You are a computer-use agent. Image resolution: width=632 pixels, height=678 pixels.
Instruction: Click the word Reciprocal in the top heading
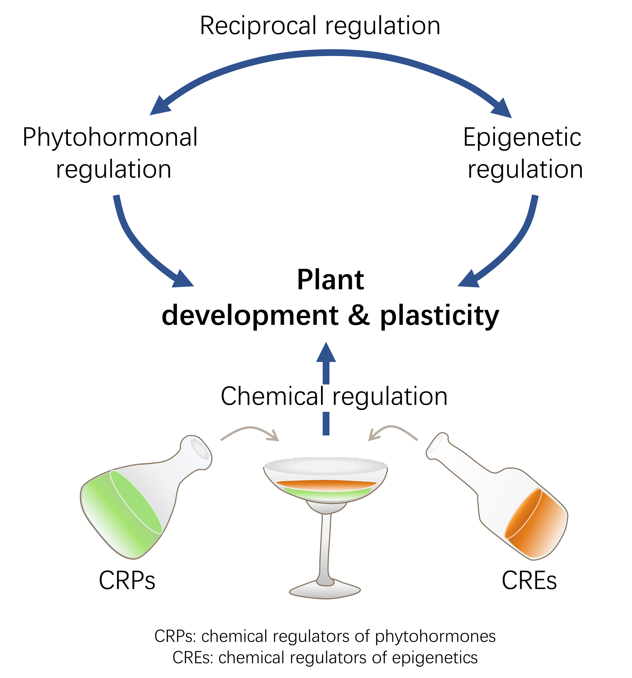tap(258, 26)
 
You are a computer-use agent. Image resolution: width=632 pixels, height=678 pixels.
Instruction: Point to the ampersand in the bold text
tap(359, 315)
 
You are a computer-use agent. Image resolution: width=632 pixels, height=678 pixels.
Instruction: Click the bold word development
tap(250, 315)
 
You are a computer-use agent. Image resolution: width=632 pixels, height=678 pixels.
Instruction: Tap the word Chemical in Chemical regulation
tap(272, 396)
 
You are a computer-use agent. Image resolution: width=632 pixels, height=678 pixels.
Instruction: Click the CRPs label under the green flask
tap(127, 580)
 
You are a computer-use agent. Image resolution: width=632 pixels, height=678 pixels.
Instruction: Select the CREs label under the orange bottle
tap(529, 580)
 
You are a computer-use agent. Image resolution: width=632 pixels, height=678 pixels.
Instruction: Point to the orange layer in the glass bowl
tap(326, 485)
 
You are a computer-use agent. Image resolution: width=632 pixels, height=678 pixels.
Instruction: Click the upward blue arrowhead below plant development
tap(326, 353)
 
